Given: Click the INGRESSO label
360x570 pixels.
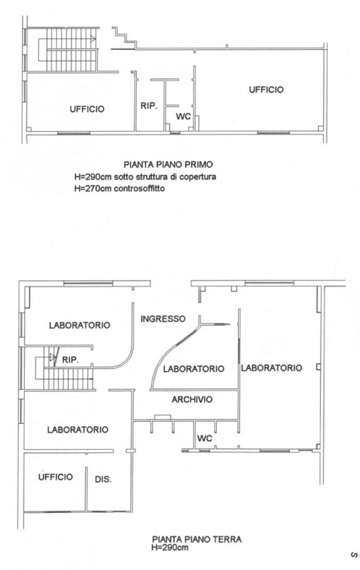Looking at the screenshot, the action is pos(163,318).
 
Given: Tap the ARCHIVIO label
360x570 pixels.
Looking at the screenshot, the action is pos(192,400).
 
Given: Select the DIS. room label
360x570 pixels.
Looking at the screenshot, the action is pos(103,480).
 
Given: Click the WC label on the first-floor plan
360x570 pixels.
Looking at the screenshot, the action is pos(184,117).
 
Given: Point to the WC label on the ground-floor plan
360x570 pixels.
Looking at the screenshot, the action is pos(205,438).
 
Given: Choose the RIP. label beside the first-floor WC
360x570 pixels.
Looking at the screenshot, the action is pos(149,106).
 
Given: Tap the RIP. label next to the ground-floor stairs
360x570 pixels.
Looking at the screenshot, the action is pos(70,360).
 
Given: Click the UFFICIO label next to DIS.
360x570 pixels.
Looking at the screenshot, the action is pos(56,477).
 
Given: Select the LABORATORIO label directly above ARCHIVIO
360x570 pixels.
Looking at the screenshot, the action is pos(193,369).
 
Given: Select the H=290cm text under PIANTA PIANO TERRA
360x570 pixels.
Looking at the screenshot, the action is pos(170,547).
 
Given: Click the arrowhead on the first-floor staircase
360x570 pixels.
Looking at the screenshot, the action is pos(93,39).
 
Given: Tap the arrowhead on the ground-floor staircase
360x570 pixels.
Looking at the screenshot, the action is pos(53,358).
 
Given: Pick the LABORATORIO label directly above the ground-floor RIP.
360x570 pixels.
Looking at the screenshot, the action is pos(80,325).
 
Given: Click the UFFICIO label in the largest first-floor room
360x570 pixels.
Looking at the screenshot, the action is pos(266,90).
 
